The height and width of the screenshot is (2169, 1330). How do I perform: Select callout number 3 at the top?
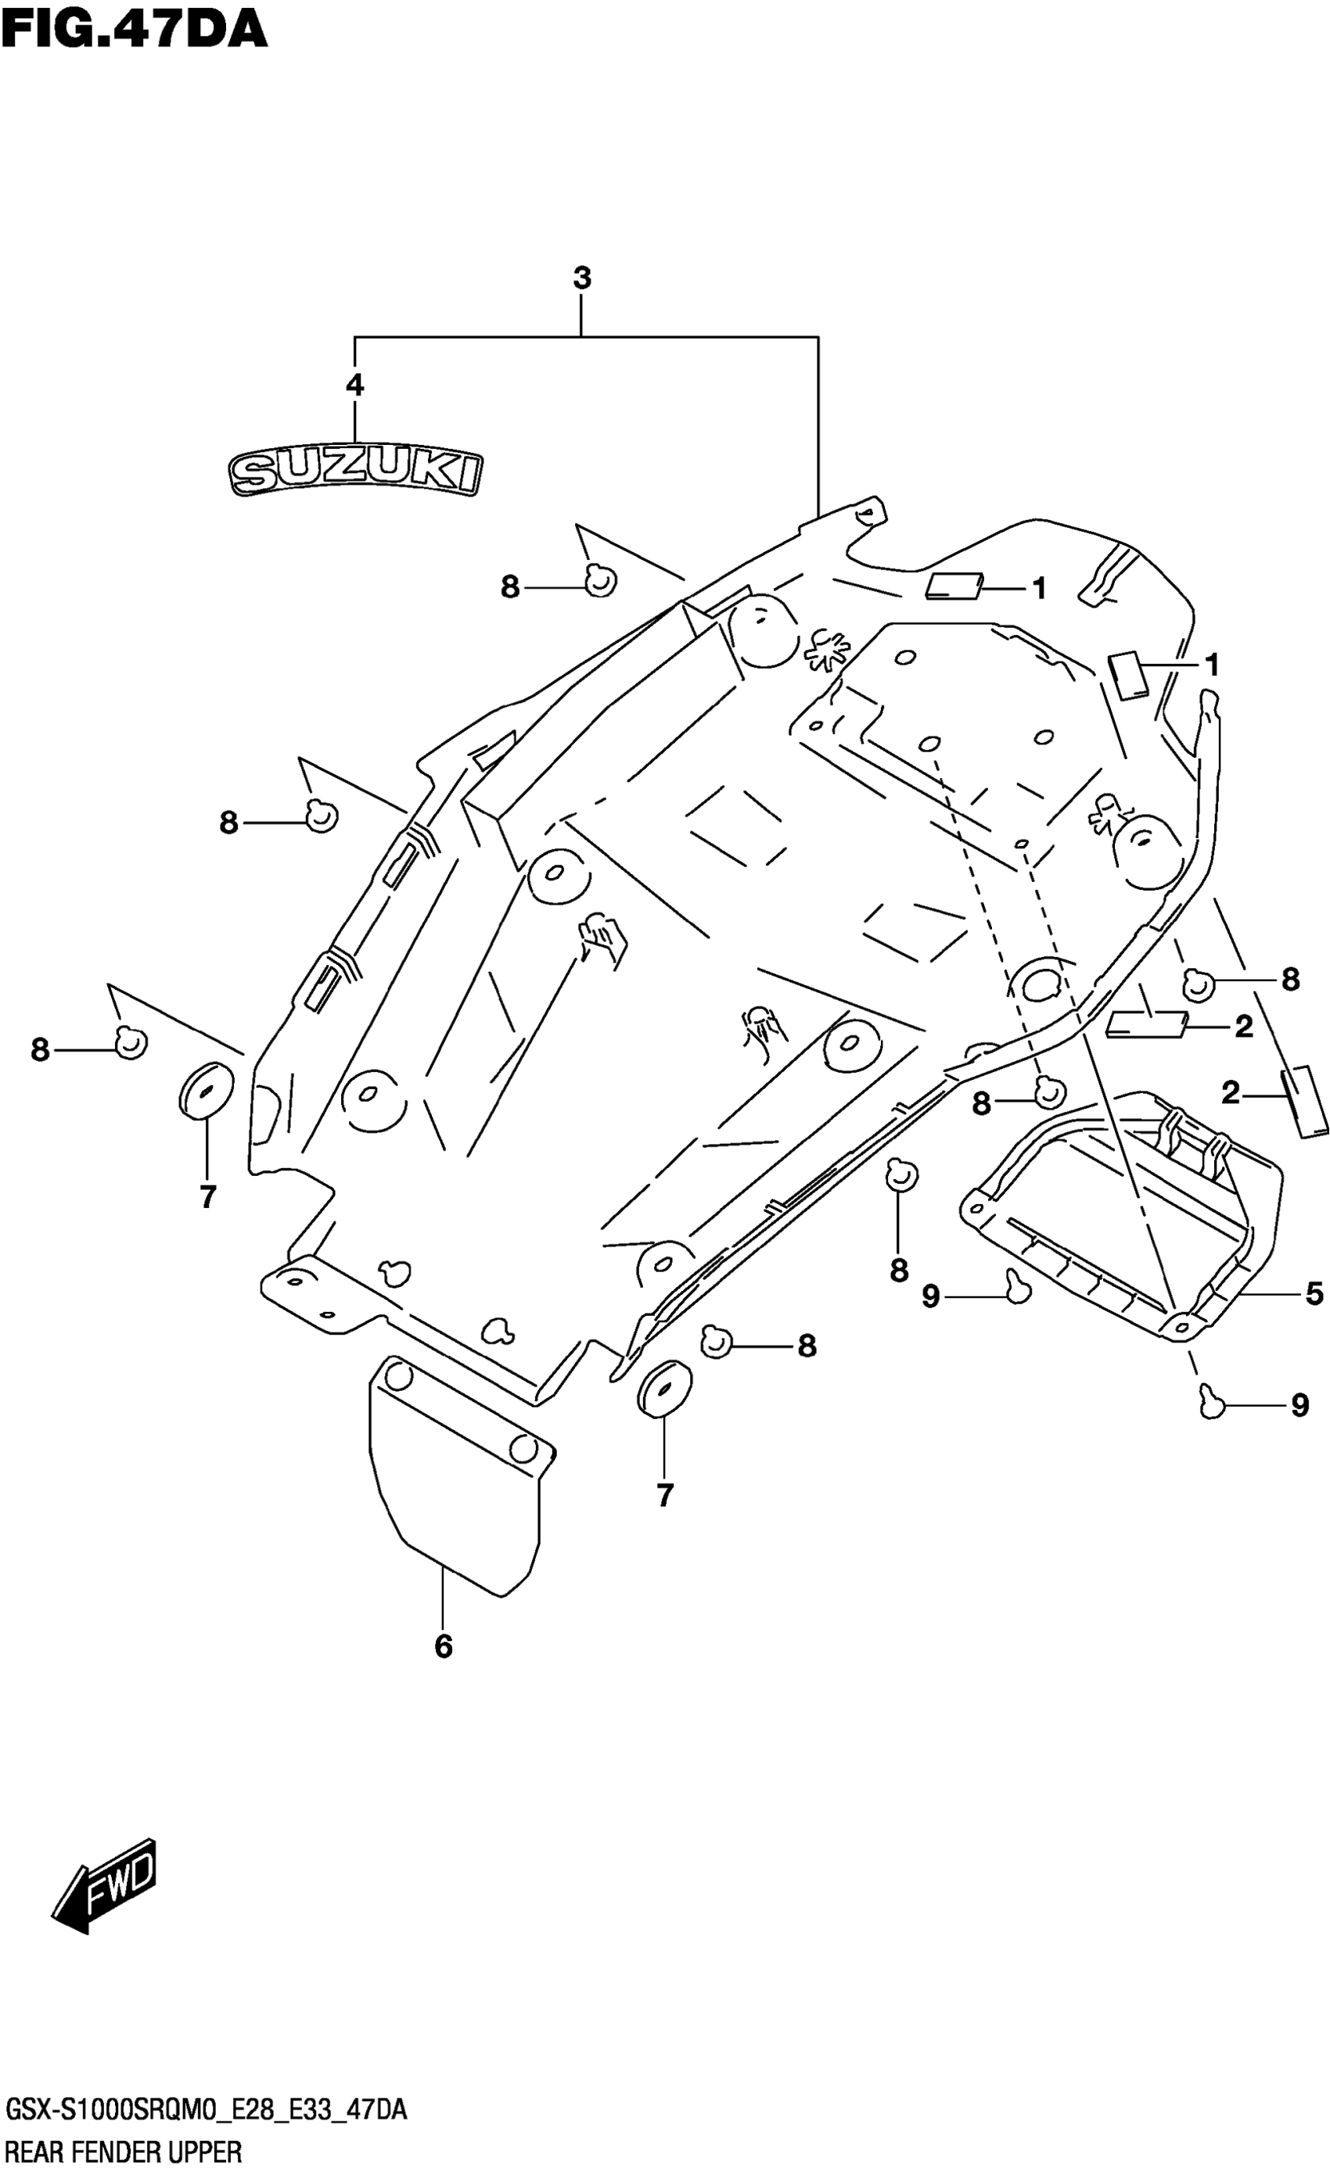pos(581,278)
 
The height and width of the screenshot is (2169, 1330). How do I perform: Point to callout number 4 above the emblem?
pos(354,385)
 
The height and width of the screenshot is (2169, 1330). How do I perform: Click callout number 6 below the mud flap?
pos(443,1645)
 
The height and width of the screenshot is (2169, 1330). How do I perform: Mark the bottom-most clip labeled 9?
pos(1213,1401)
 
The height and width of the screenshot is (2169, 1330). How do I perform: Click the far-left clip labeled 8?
pos(131,1042)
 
